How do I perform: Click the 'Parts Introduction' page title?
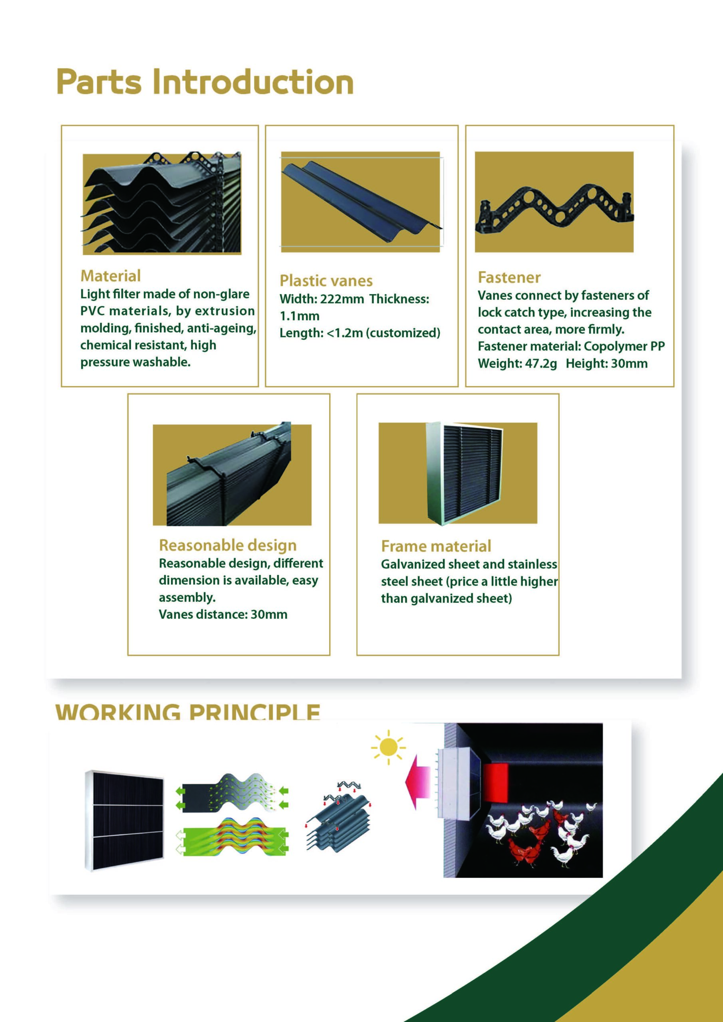pyautogui.click(x=205, y=82)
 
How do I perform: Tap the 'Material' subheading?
pyautogui.click(x=111, y=276)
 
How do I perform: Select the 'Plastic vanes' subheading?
pyautogui.click(x=326, y=281)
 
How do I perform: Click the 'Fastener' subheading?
pyautogui.click(x=509, y=278)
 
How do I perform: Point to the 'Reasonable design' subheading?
pyautogui.click(x=228, y=545)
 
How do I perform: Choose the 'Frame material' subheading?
pyautogui.click(x=436, y=546)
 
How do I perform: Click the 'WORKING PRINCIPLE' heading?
pyautogui.click(x=188, y=711)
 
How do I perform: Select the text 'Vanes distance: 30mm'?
pyautogui.click(x=223, y=615)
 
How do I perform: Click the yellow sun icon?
pyautogui.click(x=388, y=747)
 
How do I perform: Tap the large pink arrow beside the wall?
pyautogui.click(x=417, y=782)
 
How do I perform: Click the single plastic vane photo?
pyautogui.click(x=361, y=202)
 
